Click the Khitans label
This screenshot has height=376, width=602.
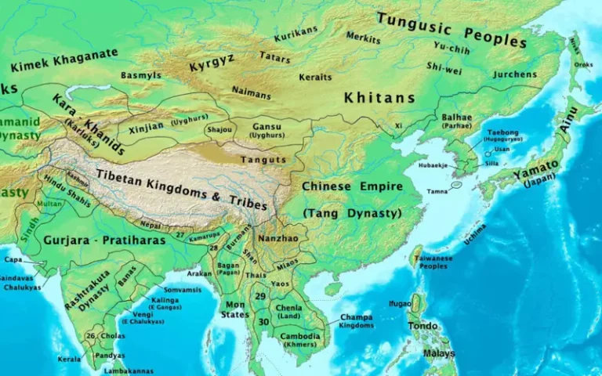coord(379,98)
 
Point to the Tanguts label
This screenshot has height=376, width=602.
coord(262,159)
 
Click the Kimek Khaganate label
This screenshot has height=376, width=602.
coord(64,60)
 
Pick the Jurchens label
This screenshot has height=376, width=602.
coord(515,74)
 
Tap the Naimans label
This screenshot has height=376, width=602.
coord(252,92)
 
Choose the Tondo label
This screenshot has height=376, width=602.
coord(422,326)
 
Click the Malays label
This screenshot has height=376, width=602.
coord(439,354)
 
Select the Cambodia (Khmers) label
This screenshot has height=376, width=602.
coord(301,340)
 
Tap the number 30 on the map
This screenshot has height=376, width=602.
coord(264,322)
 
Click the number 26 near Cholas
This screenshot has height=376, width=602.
coord(91,336)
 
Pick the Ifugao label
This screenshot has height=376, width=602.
coord(400,302)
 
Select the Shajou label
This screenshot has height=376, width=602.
coord(219,129)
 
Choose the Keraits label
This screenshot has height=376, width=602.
coord(314,77)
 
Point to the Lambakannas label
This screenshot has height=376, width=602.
coord(129,371)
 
